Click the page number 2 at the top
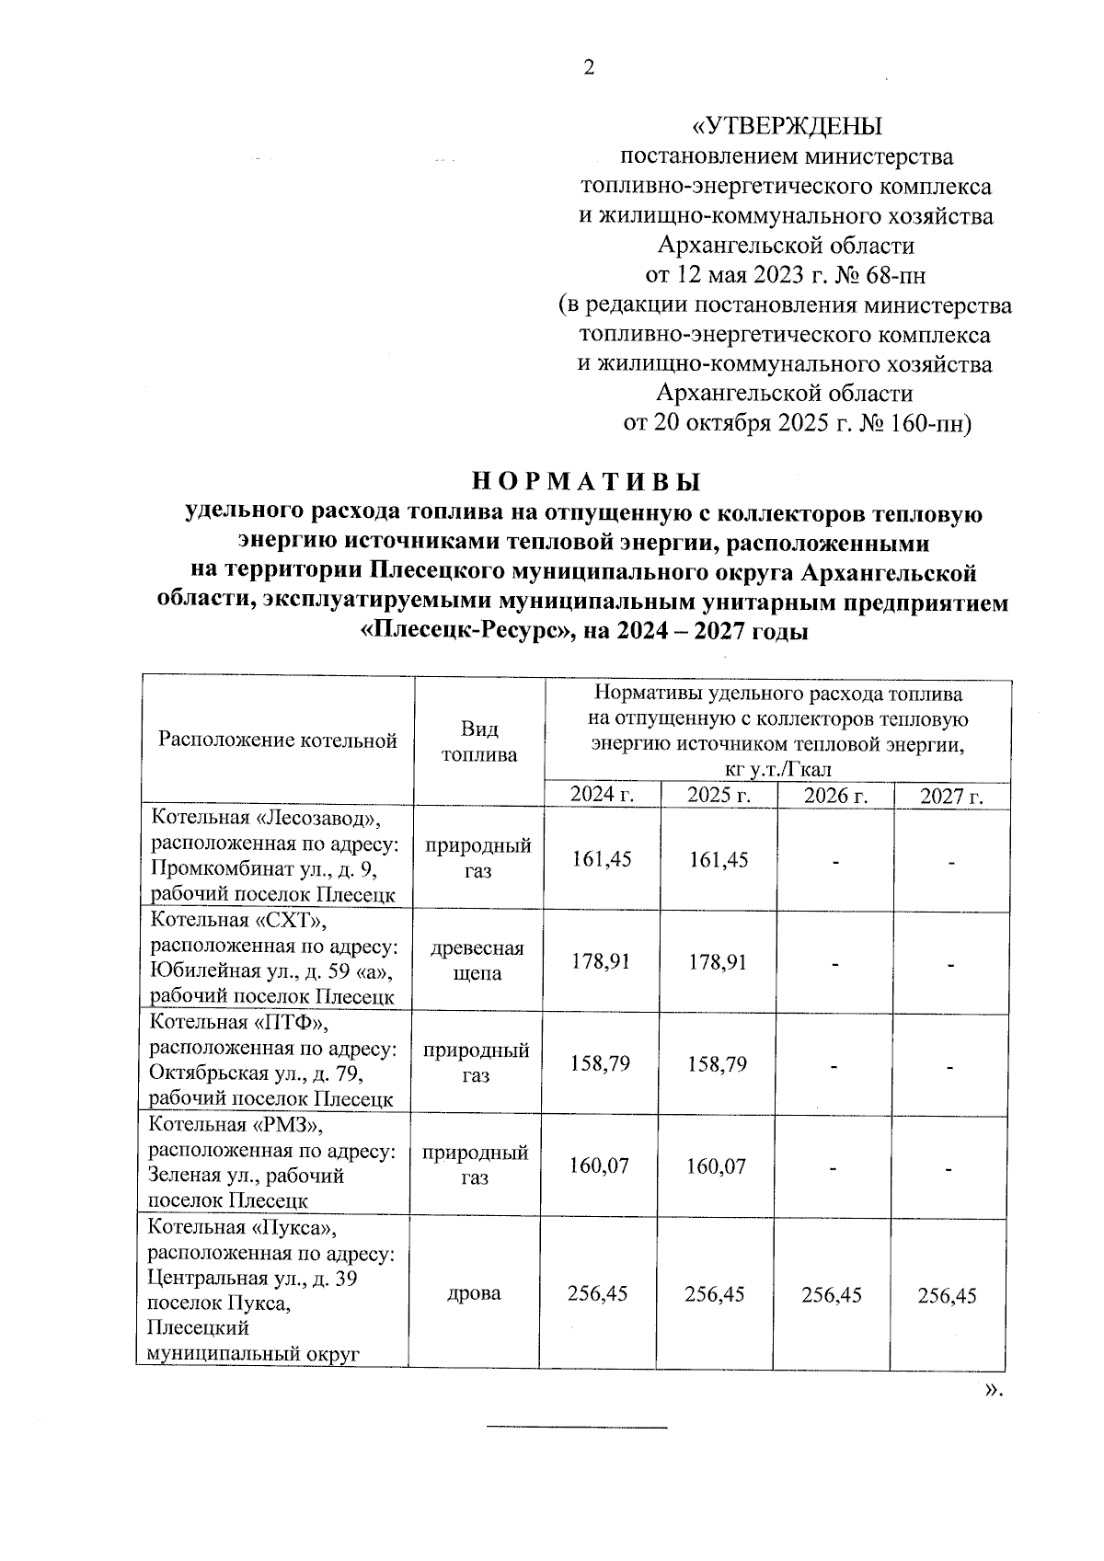(x=590, y=68)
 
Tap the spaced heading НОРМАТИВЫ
(x=586, y=482)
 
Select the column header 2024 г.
(x=603, y=796)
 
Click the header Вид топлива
(x=479, y=741)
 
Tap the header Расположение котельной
(x=278, y=740)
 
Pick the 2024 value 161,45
(x=602, y=859)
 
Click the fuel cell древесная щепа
(x=477, y=960)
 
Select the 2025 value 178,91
(x=718, y=962)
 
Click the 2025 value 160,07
(x=717, y=1166)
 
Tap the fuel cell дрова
(x=477, y=1293)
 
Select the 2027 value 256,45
(x=948, y=1295)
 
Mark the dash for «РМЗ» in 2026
(x=834, y=1169)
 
